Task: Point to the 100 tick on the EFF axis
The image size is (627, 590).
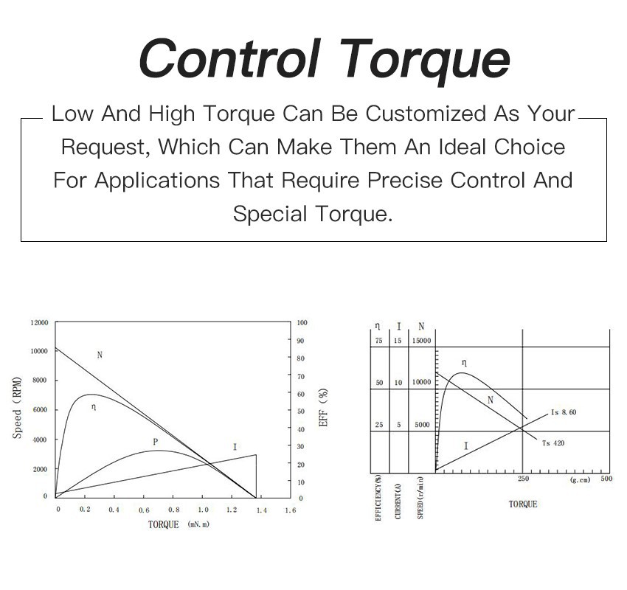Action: (x=302, y=323)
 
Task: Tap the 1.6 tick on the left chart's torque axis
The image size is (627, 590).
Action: (x=290, y=510)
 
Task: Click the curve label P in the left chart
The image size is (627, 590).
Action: (x=155, y=442)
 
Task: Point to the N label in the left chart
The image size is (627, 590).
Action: (x=100, y=355)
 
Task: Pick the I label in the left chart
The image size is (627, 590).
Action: (x=235, y=447)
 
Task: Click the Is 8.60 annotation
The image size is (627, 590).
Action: (x=564, y=412)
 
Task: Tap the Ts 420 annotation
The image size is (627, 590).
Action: (x=553, y=442)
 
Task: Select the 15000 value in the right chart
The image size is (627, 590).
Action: (x=420, y=341)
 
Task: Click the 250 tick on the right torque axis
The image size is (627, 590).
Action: (x=523, y=479)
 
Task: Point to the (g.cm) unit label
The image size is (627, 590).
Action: (x=580, y=480)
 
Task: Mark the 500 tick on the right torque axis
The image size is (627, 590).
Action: (x=606, y=479)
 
